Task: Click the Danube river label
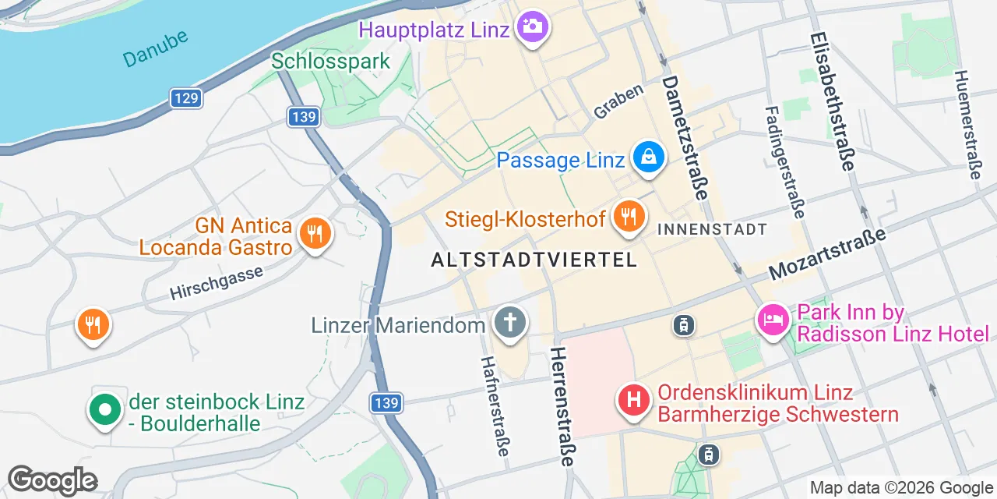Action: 155,48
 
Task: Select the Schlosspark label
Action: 330,61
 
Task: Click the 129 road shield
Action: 186,98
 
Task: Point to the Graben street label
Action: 618,101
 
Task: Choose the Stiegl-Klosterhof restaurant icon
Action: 627,216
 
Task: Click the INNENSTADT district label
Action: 713,229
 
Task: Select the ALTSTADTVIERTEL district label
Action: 534,260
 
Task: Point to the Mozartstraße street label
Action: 827,255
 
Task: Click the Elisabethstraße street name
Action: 833,101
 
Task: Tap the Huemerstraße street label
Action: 967,125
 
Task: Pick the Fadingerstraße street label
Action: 784,162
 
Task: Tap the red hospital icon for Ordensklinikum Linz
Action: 634,401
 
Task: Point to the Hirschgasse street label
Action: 217,282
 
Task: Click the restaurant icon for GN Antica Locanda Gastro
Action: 315,232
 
